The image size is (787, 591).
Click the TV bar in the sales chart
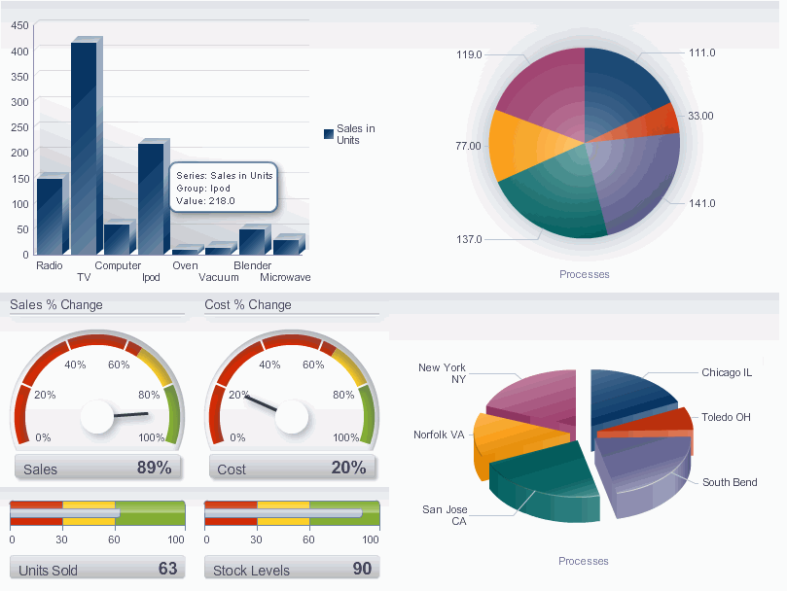coord(84,146)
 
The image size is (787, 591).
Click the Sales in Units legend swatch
coord(328,134)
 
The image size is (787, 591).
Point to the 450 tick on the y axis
coord(19,26)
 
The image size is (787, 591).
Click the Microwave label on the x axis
coord(285,277)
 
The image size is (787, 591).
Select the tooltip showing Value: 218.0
coord(224,188)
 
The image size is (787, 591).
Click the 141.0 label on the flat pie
coord(701,203)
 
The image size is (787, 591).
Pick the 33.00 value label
coord(700,116)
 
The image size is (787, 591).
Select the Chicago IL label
coord(727,372)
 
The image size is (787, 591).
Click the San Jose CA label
coord(445,515)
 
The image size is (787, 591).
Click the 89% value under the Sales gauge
coord(154,468)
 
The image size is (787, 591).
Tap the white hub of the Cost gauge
coord(292,417)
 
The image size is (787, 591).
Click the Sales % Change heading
coord(55,304)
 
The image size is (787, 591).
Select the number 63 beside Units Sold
coord(167,569)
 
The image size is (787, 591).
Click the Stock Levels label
coord(251,571)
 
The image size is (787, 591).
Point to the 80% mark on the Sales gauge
coord(149,395)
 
